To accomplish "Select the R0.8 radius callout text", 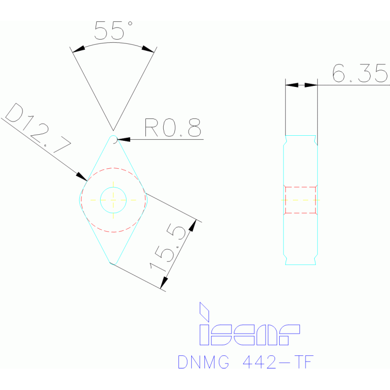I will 172,128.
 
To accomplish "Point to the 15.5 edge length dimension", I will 168,249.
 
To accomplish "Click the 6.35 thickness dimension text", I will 359,74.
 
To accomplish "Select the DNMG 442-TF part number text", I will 246,362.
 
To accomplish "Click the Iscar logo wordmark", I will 249,334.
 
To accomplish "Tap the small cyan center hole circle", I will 113,199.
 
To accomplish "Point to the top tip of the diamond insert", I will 113,137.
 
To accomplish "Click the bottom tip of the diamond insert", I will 112,263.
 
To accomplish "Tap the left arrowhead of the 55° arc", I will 78,50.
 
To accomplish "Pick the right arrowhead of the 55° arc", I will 147,49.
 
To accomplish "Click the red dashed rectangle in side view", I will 300,199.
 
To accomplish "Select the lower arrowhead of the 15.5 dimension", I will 164,283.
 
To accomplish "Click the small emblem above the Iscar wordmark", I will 204,311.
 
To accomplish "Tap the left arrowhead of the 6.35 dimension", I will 292,85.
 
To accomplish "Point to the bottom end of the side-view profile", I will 301,263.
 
